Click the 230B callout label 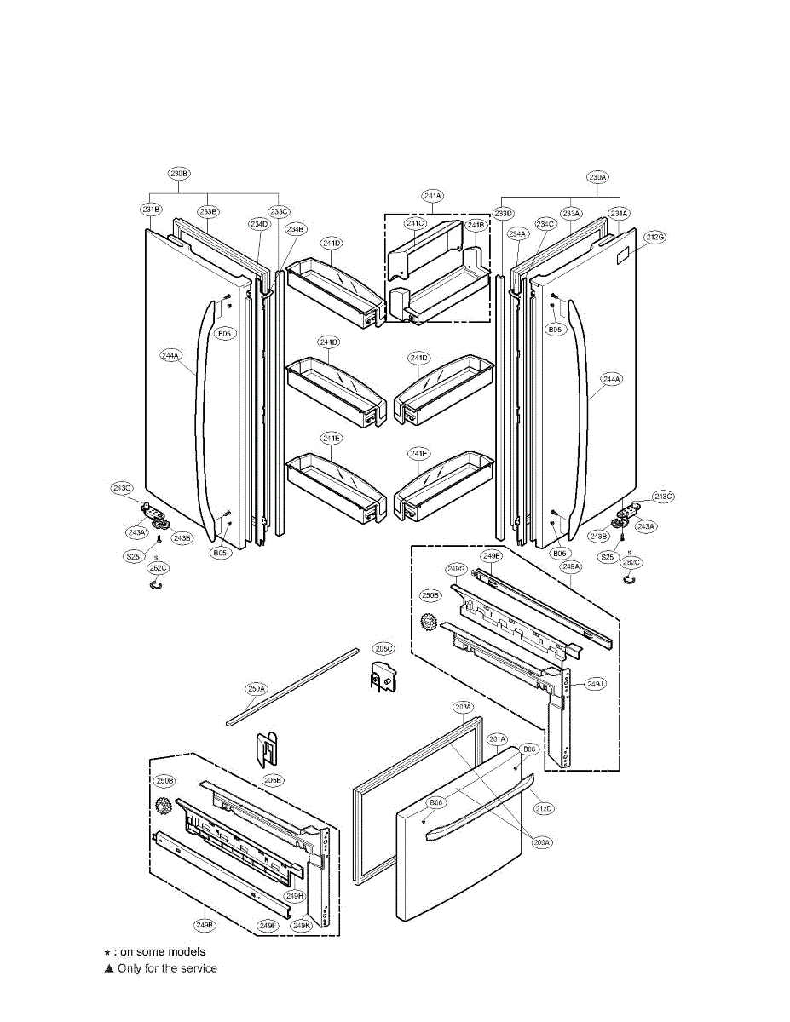click(x=179, y=174)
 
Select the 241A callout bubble click(x=433, y=196)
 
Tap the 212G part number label click(x=654, y=238)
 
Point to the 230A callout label click(x=597, y=177)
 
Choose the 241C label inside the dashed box click(x=415, y=223)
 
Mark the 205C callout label click(x=383, y=648)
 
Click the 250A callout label click(x=257, y=688)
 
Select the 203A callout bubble click(x=463, y=707)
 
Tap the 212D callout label click(x=544, y=807)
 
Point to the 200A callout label click(x=543, y=842)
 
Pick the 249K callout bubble click(x=300, y=925)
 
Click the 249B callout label click(x=204, y=924)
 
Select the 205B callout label click(x=273, y=779)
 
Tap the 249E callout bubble click(x=492, y=555)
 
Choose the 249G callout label click(x=456, y=568)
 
